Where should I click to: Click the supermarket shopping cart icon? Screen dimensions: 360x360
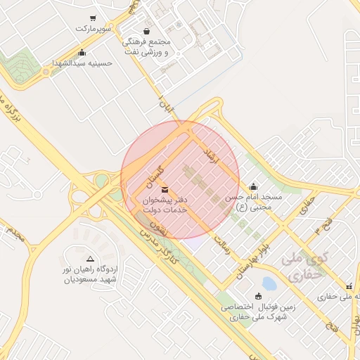pos(93,18)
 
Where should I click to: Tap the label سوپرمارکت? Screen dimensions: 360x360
pos(94,30)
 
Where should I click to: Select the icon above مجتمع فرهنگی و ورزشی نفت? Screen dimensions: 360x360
pos(146,31)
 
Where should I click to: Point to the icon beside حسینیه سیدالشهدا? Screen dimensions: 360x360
pos(82,52)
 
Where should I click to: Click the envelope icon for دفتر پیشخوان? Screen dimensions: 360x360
pos(165,189)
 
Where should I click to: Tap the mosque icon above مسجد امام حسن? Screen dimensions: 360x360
pos(253,187)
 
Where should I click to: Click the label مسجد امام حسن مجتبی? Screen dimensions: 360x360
pos(253,202)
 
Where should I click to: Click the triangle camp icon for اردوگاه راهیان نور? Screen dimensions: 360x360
pos(89,259)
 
